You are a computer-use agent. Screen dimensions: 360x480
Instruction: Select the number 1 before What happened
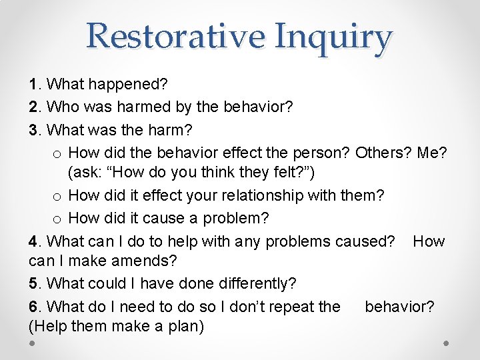pyautogui.click(x=33, y=85)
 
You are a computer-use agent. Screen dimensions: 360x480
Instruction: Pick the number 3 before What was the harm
pyautogui.click(x=33, y=129)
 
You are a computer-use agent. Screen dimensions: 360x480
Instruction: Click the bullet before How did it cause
pyautogui.click(x=57, y=219)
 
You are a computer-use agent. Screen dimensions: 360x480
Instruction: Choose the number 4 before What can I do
pyautogui.click(x=33, y=241)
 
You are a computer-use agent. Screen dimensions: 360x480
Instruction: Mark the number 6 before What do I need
pyautogui.click(x=33, y=306)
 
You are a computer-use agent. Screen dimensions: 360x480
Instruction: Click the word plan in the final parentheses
pyautogui.click(x=183, y=327)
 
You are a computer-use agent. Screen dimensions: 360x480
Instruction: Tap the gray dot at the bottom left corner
pyautogui.click(x=33, y=343)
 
